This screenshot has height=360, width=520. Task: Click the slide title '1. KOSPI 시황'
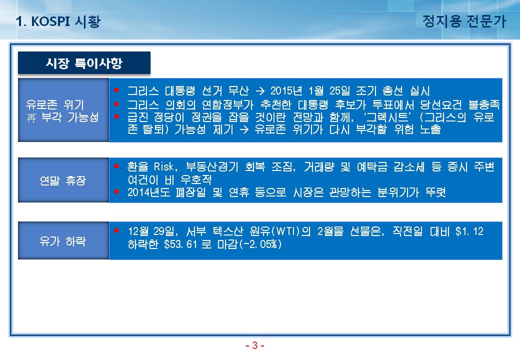(58, 21)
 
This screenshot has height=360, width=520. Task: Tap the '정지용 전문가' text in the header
(464, 21)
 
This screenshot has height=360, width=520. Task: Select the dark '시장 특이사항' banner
(84, 62)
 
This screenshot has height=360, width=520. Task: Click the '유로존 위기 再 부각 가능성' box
(63, 110)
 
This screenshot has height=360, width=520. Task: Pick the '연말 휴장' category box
(63, 180)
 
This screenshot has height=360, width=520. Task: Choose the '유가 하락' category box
(63, 240)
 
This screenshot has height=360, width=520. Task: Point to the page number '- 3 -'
(254, 345)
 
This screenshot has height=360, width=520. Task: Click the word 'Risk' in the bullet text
(164, 166)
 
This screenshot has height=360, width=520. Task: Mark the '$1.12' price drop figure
(469, 231)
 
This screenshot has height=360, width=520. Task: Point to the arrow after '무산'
(260, 91)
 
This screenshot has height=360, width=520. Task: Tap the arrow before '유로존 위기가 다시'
(244, 129)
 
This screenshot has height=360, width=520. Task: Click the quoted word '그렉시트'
(386, 117)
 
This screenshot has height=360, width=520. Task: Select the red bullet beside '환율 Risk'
(116, 165)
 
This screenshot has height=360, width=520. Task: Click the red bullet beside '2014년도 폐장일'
(116, 191)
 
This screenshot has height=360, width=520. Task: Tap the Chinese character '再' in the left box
(31, 117)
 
